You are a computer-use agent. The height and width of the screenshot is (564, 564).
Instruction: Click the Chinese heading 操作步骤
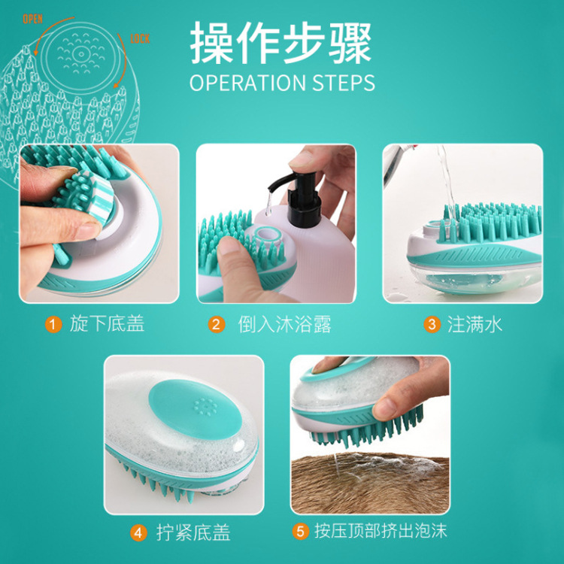[x=280, y=43]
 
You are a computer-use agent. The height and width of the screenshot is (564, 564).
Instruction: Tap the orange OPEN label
[x=33, y=19]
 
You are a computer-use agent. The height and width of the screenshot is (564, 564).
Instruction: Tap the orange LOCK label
[x=141, y=38]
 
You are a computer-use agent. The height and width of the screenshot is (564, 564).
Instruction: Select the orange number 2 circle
[x=217, y=325]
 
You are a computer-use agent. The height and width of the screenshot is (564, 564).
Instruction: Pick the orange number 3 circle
[x=432, y=325]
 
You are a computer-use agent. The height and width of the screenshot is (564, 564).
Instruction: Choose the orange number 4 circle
[x=138, y=532]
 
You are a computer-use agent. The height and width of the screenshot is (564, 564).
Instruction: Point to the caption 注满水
[x=474, y=325]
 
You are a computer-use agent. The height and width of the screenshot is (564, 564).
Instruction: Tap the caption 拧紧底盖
[x=193, y=532]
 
